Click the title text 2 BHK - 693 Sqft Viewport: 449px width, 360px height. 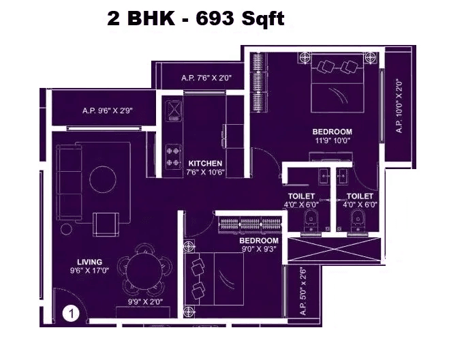pyautogui.click(x=196, y=19)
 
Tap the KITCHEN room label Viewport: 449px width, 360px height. pyautogui.click(x=205, y=164)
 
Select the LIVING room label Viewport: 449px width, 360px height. pyautogui.click(x=89, y=262)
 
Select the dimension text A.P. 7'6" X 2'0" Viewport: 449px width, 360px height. pyautogui.click(x=207, y=78)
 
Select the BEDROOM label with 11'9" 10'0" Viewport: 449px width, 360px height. pyautogui.click(x=332, y=136)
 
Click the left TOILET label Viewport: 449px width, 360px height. pyautogui.click(x=300, y=199)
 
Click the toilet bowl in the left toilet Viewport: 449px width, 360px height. pyautogui.click(x=311, y=221)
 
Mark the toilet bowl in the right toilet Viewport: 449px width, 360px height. pyautogui.click(x=356, y=221)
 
